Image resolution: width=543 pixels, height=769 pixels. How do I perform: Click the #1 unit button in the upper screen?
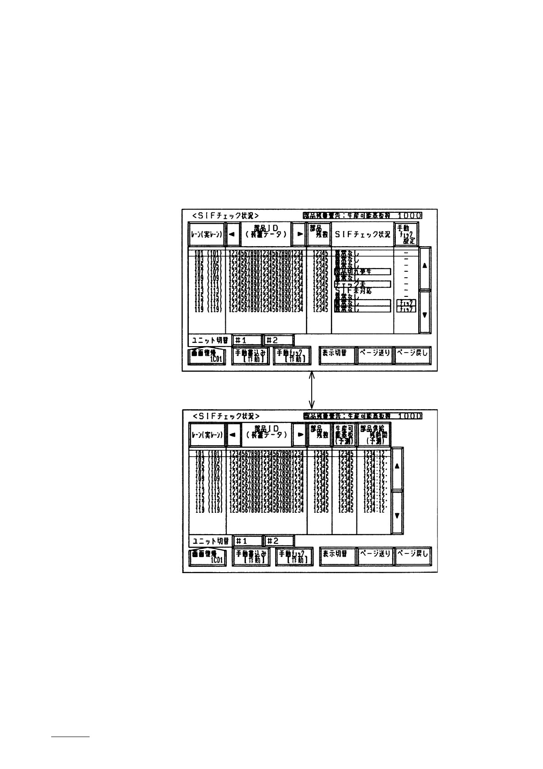[x=247, y=340]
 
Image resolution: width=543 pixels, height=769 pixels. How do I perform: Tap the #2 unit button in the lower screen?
[x=279, y=541]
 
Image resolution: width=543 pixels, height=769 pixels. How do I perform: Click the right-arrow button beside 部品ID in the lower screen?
[x=299, y=435]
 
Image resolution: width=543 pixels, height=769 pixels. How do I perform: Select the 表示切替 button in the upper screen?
[x=337, y=355]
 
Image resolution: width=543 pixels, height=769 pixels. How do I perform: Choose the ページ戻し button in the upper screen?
[x=413, y=355]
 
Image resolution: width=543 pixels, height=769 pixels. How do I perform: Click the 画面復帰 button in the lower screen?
[x=208, y=557]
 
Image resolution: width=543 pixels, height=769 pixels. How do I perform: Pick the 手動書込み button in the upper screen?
[x=250, y=356]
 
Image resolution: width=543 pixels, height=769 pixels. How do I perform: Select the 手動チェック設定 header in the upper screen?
[x=406, y=234]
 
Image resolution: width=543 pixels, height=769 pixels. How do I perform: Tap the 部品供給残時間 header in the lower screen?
[x=374, y=435]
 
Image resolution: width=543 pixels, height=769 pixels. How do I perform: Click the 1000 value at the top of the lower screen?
[x=410, y=416]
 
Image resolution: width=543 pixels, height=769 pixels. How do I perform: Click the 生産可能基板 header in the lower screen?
[x=344, y=435]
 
